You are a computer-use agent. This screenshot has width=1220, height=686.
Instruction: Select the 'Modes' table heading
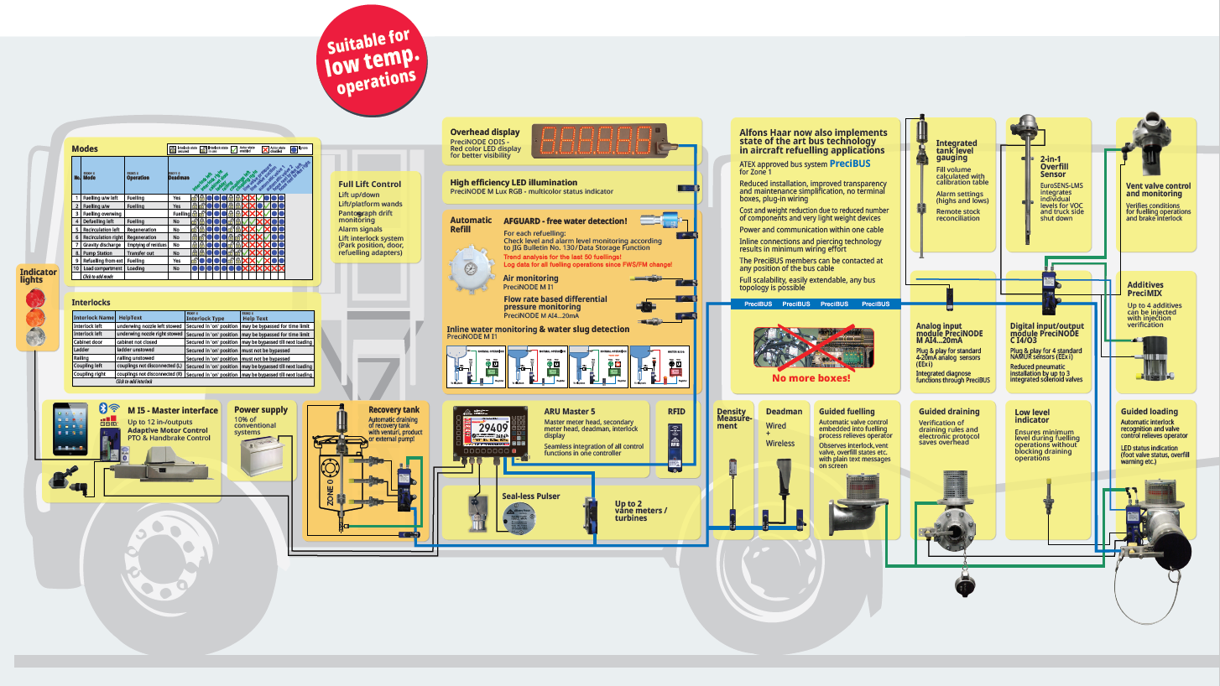click(86, 149)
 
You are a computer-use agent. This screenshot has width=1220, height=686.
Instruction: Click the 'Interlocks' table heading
click(91, 302)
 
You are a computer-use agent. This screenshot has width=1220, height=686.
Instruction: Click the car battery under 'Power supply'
click(258, 456)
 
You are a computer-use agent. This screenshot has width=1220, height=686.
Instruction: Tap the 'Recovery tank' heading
click(394, 410)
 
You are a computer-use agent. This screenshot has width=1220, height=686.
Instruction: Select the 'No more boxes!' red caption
click(811, 378)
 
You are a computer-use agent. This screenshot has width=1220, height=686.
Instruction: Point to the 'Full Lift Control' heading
click(369, 184)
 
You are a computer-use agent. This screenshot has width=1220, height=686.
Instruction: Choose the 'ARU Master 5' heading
click(569, 411)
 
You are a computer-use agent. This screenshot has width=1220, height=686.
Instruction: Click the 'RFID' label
click(676, 411)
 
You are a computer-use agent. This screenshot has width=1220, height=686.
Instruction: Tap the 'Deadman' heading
click(784, 411)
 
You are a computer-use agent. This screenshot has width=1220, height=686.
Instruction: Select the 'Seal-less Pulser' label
click(530, 496)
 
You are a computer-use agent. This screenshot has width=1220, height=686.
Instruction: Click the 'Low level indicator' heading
click(1031, 416)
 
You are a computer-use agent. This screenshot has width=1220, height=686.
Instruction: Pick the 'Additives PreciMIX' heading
click(1145, 289)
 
